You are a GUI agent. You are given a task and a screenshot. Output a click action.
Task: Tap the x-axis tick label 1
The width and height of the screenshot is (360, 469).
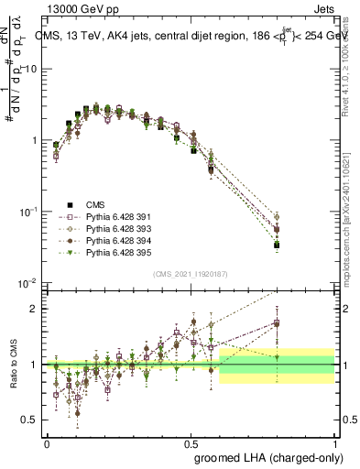click(335, 442)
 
